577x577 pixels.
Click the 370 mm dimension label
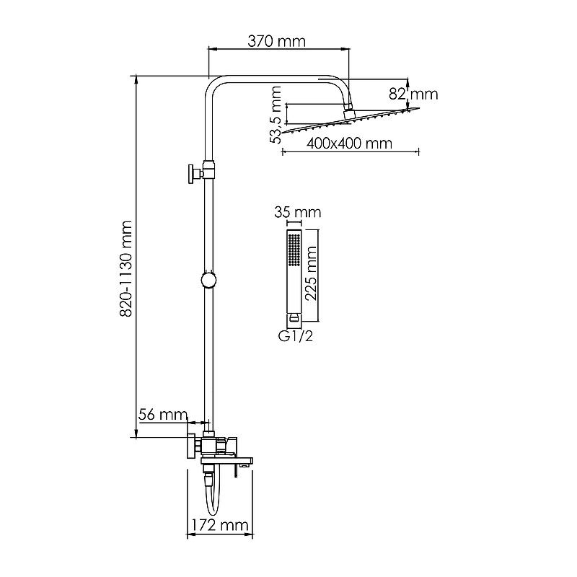tap(276, 41)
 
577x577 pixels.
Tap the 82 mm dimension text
tap(413, 94)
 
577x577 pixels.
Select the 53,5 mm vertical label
tap(276, 115)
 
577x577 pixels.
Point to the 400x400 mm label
tap(349, 143)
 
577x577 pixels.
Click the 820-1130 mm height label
tap(125, 268)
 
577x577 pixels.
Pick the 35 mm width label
tap(297, 212)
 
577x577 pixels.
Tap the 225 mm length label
tap(311, 273)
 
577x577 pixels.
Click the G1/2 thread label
tap(296, 336)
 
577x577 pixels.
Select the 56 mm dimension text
tap(163, 415)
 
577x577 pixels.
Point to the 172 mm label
tap(220, 525)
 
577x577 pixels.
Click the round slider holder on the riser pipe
tap(208, 280)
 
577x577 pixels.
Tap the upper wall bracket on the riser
tap(201, 172)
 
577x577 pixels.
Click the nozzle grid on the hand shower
tap(294, 249)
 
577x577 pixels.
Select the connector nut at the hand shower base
tap(294, 317)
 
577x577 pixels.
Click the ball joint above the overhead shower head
tap(348, 111)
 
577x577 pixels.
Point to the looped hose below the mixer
tap(212, 495)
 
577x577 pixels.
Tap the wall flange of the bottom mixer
tap(192, 446)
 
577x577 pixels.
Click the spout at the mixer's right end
tap(245, 463)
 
